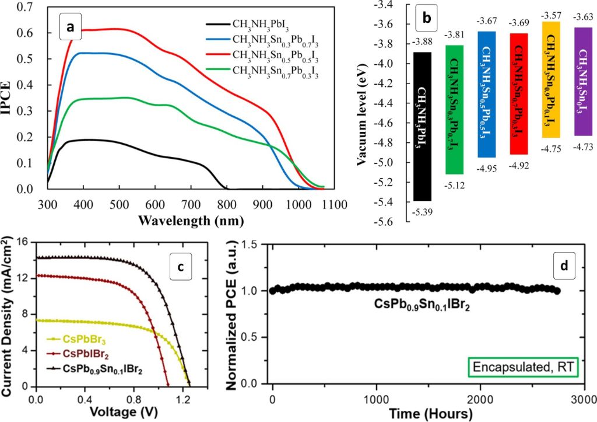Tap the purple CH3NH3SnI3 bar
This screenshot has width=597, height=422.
click(x=583, y=81)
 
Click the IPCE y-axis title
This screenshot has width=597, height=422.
click(x=9, y=97)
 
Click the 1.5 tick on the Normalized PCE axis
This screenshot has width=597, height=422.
click(x=251, y=243)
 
